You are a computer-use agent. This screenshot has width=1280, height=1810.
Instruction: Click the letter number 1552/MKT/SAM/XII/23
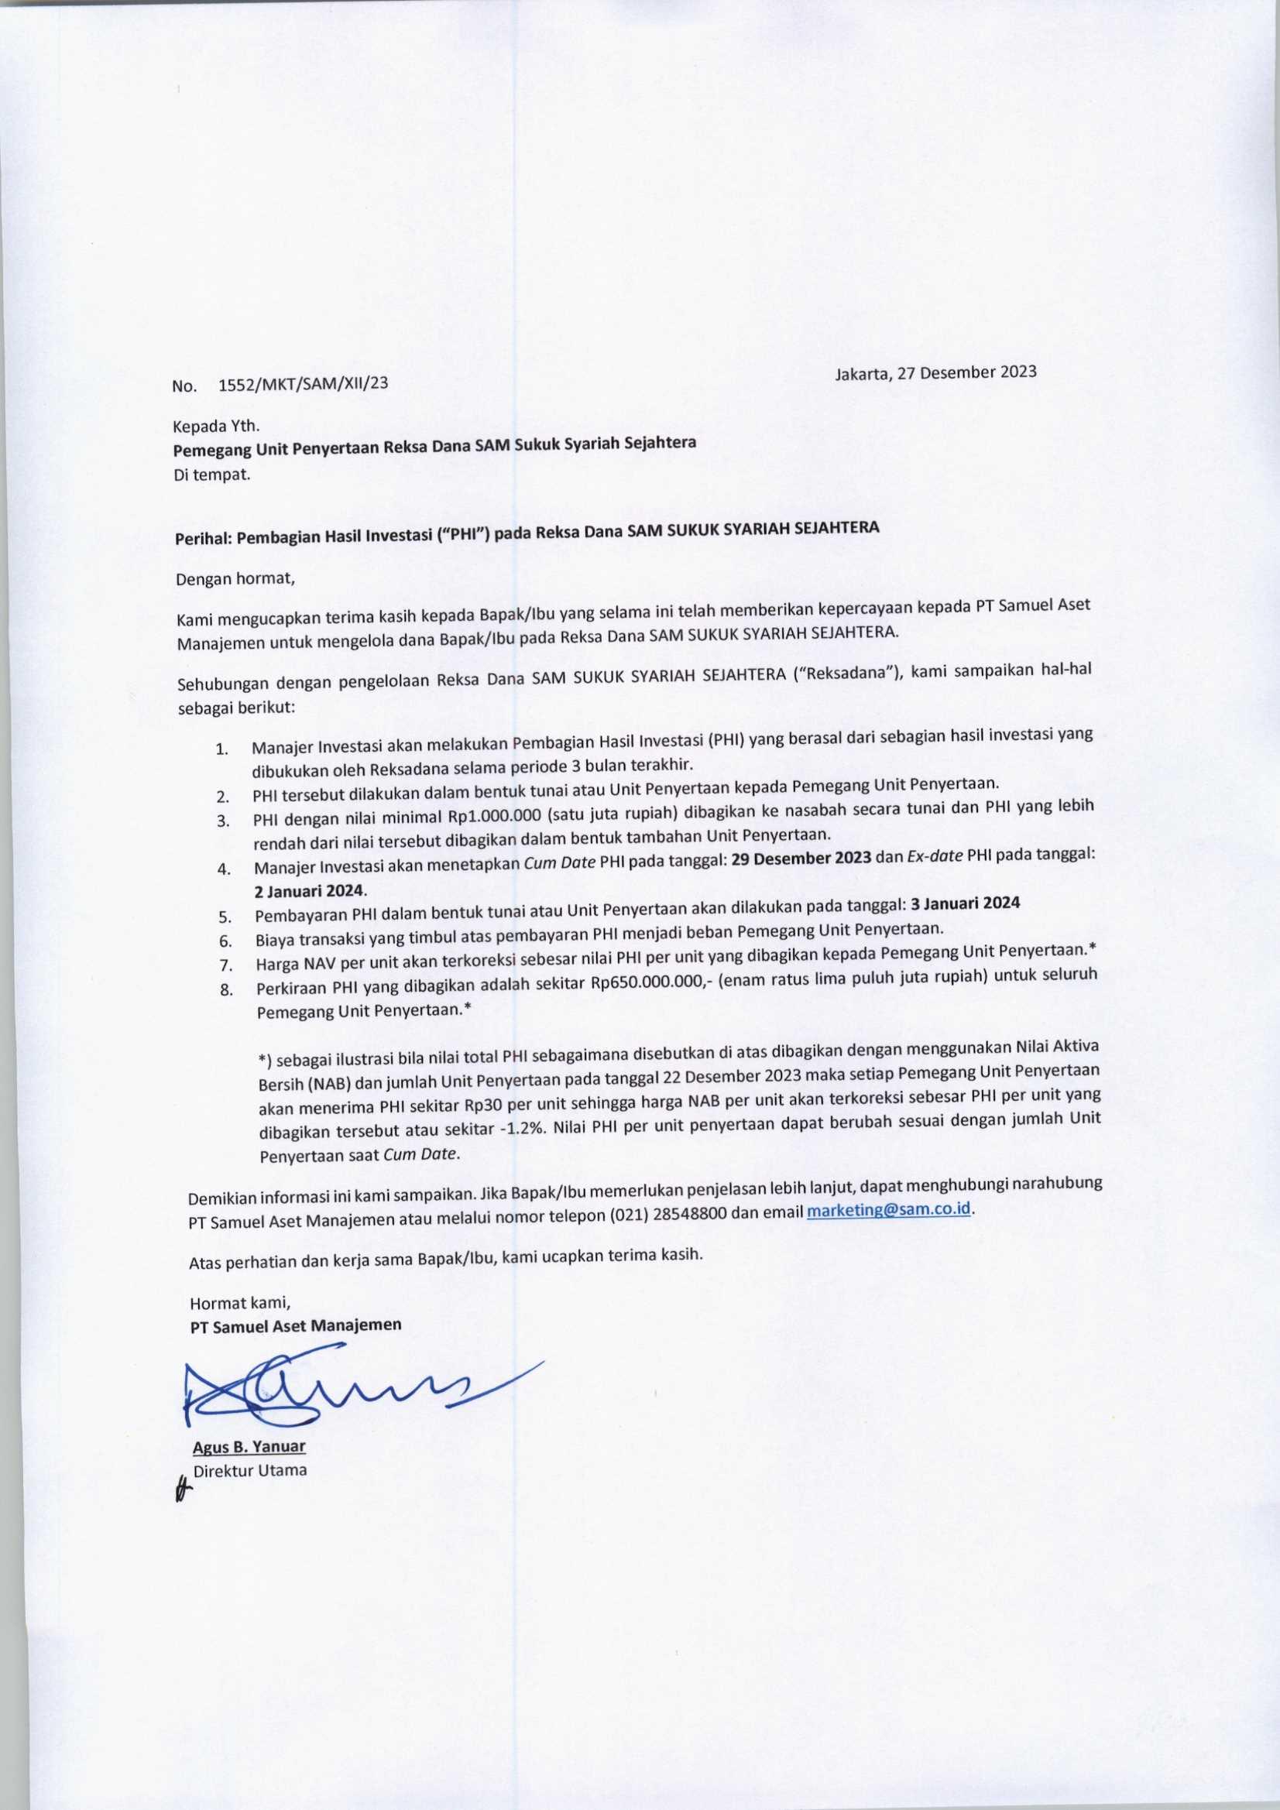[x=303, y=385]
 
